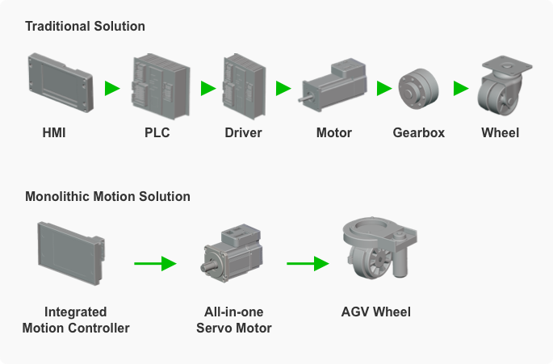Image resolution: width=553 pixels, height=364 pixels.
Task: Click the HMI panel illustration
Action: pos(61,83)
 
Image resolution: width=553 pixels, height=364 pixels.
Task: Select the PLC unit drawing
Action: pos(161,86)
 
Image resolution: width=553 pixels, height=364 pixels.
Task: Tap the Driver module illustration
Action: pos(244,86)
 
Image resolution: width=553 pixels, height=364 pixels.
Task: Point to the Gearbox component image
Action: pos(419,89)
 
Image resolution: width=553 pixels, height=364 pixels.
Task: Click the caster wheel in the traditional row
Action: pos(504,86)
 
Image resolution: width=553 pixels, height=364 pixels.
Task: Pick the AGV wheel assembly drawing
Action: pos(379,248)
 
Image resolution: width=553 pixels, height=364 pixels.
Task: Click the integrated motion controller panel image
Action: pos(71,253)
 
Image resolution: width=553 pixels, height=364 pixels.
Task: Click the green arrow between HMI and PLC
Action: pos(112,88)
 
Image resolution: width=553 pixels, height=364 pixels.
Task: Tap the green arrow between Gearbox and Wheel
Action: pos(461,88)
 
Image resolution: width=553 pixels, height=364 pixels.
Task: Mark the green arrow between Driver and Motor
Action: pos(283,88)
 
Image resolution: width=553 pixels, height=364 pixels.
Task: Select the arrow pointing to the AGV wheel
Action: pos(308,263)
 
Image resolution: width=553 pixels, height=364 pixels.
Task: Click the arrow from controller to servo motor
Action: pos(155,263)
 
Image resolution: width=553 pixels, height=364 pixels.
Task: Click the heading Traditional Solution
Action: pos(85,27)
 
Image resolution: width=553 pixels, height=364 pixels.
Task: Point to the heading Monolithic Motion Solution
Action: pos(107,196)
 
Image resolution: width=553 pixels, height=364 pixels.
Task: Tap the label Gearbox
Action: pos(419,133)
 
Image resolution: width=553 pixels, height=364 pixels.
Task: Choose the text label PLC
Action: pos(157,133)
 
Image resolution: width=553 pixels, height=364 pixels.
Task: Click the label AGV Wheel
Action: pos(376,312)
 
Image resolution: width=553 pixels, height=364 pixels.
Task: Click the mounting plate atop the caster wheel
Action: pos(507,64)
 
